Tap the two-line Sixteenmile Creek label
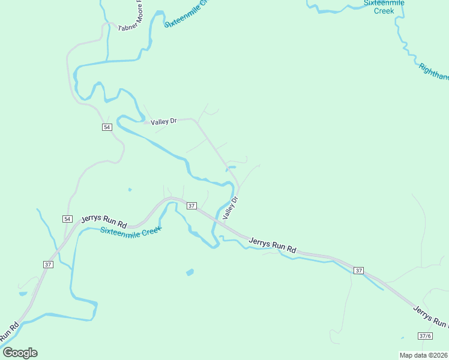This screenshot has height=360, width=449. click(384, 7)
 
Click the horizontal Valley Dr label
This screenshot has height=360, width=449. click(163, 121)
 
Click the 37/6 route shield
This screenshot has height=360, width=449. click(425, 335)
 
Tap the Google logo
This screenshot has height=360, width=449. click(20, 353)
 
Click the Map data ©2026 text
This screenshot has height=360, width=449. click(423, 355)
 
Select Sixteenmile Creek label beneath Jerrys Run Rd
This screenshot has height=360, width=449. click(130, 232)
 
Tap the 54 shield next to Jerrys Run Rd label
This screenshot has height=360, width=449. click(67, 218)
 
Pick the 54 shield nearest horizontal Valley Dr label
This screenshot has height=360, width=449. click(107, 127)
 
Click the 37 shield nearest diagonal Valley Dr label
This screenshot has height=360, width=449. click(191, 206)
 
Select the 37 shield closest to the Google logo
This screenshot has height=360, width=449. click(48, 264)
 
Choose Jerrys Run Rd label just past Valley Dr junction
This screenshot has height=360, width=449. click(273, 244)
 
